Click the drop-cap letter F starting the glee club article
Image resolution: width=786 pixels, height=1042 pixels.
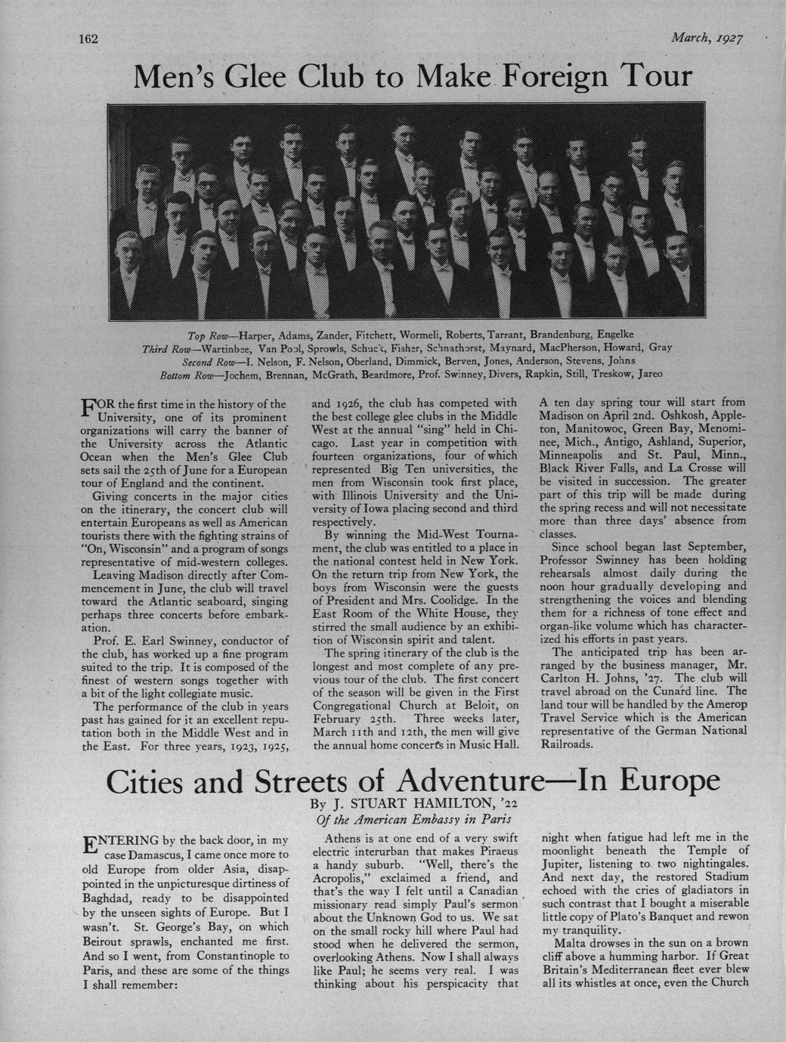pyautogui.click(x=87, y=409)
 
